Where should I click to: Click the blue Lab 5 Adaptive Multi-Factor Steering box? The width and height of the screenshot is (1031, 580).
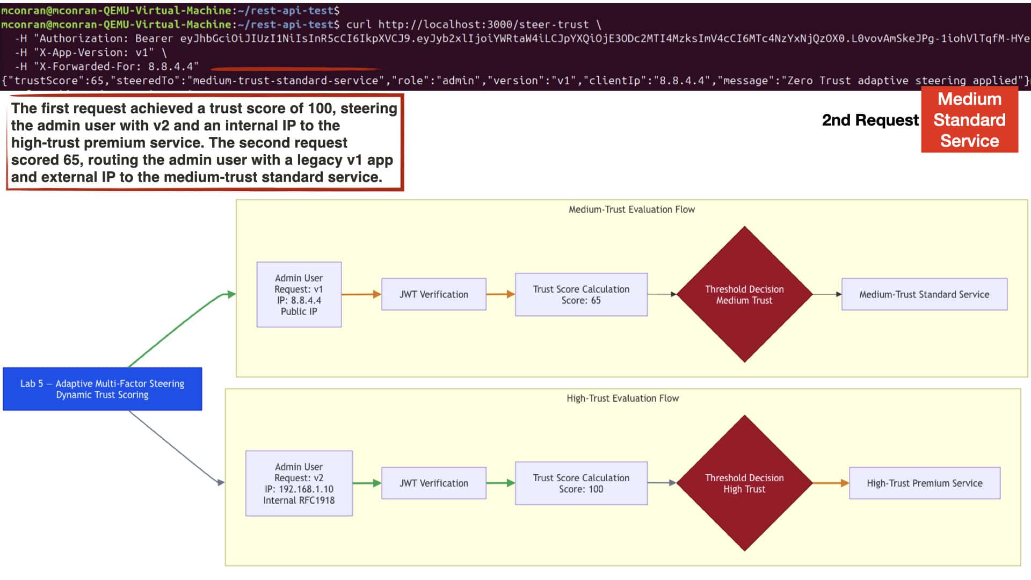103,389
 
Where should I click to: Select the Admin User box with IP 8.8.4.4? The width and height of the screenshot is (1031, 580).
299,294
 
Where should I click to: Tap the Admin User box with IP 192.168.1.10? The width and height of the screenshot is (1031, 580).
299,483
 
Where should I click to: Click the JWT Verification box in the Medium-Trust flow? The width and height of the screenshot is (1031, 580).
434,294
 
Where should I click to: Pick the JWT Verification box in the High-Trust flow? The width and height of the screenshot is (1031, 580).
434,483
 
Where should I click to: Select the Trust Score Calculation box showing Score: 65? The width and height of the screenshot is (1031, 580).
581,294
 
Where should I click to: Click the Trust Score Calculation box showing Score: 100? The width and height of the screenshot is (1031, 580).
581,483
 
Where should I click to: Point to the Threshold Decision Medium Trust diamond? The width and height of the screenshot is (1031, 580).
744,294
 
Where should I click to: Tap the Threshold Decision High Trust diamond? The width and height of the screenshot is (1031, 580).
744,483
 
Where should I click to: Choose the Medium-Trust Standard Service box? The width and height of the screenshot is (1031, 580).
924,294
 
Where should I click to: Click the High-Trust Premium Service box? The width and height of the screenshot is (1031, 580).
924,483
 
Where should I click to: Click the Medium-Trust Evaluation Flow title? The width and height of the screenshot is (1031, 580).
631,209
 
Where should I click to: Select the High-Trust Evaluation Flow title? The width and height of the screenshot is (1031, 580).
622,398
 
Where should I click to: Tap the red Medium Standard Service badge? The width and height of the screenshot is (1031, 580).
969,120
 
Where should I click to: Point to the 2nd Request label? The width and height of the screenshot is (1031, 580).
870,120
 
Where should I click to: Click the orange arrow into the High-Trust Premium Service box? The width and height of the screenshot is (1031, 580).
831,483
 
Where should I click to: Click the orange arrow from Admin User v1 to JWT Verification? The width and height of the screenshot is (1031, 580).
361,294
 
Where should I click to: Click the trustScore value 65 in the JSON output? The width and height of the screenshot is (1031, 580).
96,81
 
